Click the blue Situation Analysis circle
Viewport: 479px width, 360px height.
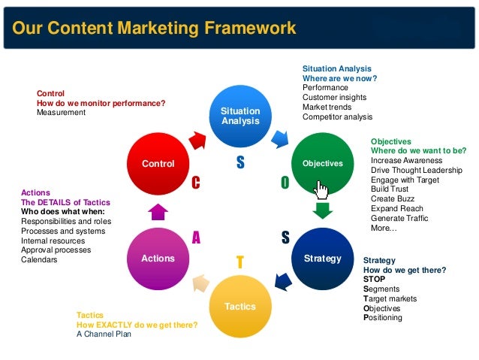[x=240, y=116]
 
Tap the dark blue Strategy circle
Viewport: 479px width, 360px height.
[x=322, y=259]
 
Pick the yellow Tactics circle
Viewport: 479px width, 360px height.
[x=240, y=306]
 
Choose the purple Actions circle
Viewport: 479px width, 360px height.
[x=158, y=259]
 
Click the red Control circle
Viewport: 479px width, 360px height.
[x=158, y=163]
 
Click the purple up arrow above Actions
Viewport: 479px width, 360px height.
[x=158, y=210]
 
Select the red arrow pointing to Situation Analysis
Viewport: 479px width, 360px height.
[x=197, y=140]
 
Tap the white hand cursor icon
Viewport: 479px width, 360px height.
[x=322, y=186]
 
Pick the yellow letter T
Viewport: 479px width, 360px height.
[x=239, y=261]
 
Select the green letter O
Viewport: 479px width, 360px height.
[x=285, y=183]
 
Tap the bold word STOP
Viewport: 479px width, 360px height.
[x=374, y=279]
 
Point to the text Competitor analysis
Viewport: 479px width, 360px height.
[x=337, y=116]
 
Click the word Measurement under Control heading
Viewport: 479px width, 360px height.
[x=61, y=113]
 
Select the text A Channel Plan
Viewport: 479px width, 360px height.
[x=104, y=334]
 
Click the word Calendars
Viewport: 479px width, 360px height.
[x=39, y=260]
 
